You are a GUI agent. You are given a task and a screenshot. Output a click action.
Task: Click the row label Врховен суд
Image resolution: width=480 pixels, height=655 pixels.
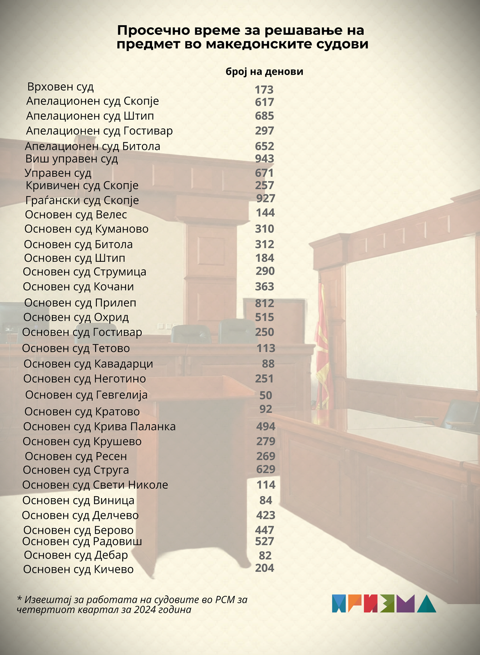(x=60, y=87)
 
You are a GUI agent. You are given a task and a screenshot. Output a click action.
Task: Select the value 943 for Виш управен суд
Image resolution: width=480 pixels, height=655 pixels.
(x=264, y=158)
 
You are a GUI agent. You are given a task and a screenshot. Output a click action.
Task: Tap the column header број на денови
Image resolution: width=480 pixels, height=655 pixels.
(x=264, y=72)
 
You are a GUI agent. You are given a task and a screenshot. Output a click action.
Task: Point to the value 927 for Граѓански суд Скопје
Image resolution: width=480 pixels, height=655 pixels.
(x=266, y=198)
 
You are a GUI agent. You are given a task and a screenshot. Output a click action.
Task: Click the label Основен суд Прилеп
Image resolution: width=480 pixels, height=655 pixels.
(x=80, y=303)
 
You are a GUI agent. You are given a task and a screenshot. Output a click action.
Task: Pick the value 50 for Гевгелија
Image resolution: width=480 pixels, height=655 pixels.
(x=266, y=395)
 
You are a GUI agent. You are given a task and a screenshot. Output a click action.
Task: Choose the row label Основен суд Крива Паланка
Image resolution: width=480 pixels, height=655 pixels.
(x=99, y=427)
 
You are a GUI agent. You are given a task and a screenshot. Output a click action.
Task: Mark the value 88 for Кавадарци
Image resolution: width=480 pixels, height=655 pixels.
(x=268, y=364)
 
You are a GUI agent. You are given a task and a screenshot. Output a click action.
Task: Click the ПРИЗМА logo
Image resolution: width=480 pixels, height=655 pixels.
(x=384, y=603)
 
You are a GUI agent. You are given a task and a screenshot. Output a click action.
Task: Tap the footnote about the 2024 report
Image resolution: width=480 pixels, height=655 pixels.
(x=132, y=605)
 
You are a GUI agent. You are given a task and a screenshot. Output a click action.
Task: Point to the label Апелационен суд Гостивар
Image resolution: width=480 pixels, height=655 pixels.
(x=99, y=131)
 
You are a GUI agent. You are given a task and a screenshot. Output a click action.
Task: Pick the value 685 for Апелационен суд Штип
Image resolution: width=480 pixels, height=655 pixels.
(x=264, y=116)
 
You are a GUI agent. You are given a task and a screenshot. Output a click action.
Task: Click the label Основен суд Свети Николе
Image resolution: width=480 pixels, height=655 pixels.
(x=95, y=485)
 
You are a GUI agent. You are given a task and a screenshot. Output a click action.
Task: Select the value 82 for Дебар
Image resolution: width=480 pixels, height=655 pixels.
(x=265, y=555)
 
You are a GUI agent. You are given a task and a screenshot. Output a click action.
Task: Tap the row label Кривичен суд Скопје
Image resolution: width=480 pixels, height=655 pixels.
(x=82, y=186)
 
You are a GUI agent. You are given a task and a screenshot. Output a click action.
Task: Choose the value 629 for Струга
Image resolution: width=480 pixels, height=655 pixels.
(x=266, y=469)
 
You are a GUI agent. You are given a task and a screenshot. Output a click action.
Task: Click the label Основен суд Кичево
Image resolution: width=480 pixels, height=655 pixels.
(x=78, y=569)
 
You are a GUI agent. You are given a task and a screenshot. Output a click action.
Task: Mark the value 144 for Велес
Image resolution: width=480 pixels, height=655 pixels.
(x=265, y=213)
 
